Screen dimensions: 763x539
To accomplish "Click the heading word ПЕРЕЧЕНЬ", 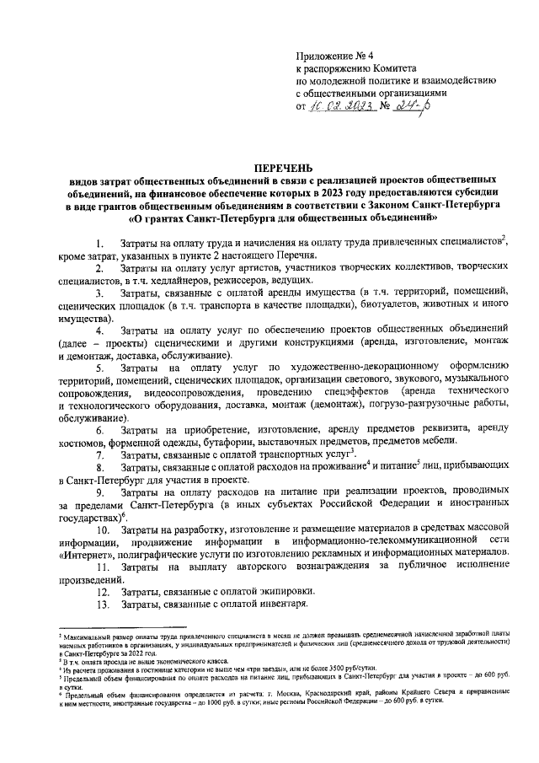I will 278,168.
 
